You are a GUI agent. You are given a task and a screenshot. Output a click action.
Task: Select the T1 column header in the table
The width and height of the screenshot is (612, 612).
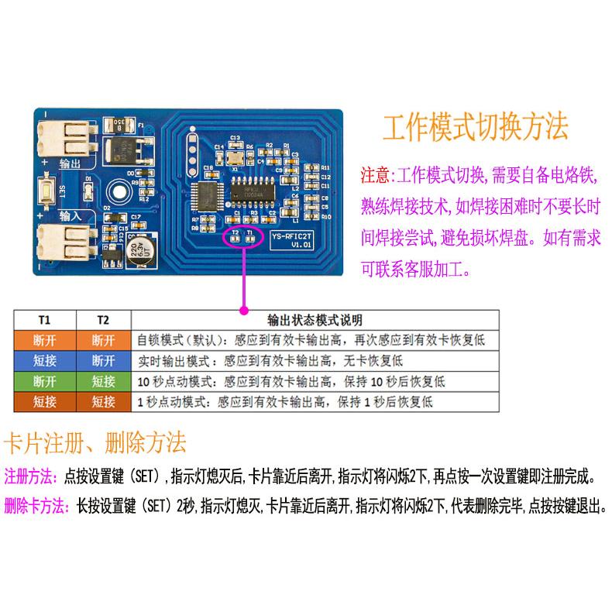pyautogui.click(x=44, y=320)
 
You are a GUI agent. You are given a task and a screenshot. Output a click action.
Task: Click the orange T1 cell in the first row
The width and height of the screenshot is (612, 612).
pyautogui.click(x=44, y=340)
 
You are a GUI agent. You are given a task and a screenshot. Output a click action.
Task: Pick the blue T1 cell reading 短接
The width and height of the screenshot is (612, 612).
pyautogui.click(x=44, y=361)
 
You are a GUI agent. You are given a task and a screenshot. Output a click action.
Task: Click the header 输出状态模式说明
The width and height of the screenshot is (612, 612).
pyautogui.click(x=315, y=320)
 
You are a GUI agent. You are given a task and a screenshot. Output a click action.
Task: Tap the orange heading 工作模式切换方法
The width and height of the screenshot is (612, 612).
pyautogui.click(x=476, y=126)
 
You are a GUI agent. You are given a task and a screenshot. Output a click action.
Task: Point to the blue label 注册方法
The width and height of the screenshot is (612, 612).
pyautogui.click(x=30, y=475)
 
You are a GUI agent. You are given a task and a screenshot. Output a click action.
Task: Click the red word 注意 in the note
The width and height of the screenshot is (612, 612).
pyautogui.click(x=376, y=175)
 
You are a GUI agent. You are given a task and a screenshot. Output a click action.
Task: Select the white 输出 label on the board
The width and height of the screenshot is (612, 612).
pyautogui.click(x=69, y=164)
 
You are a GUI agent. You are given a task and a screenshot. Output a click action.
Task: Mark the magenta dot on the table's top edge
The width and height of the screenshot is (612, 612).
pyautogui.click(x=243, y=310)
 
